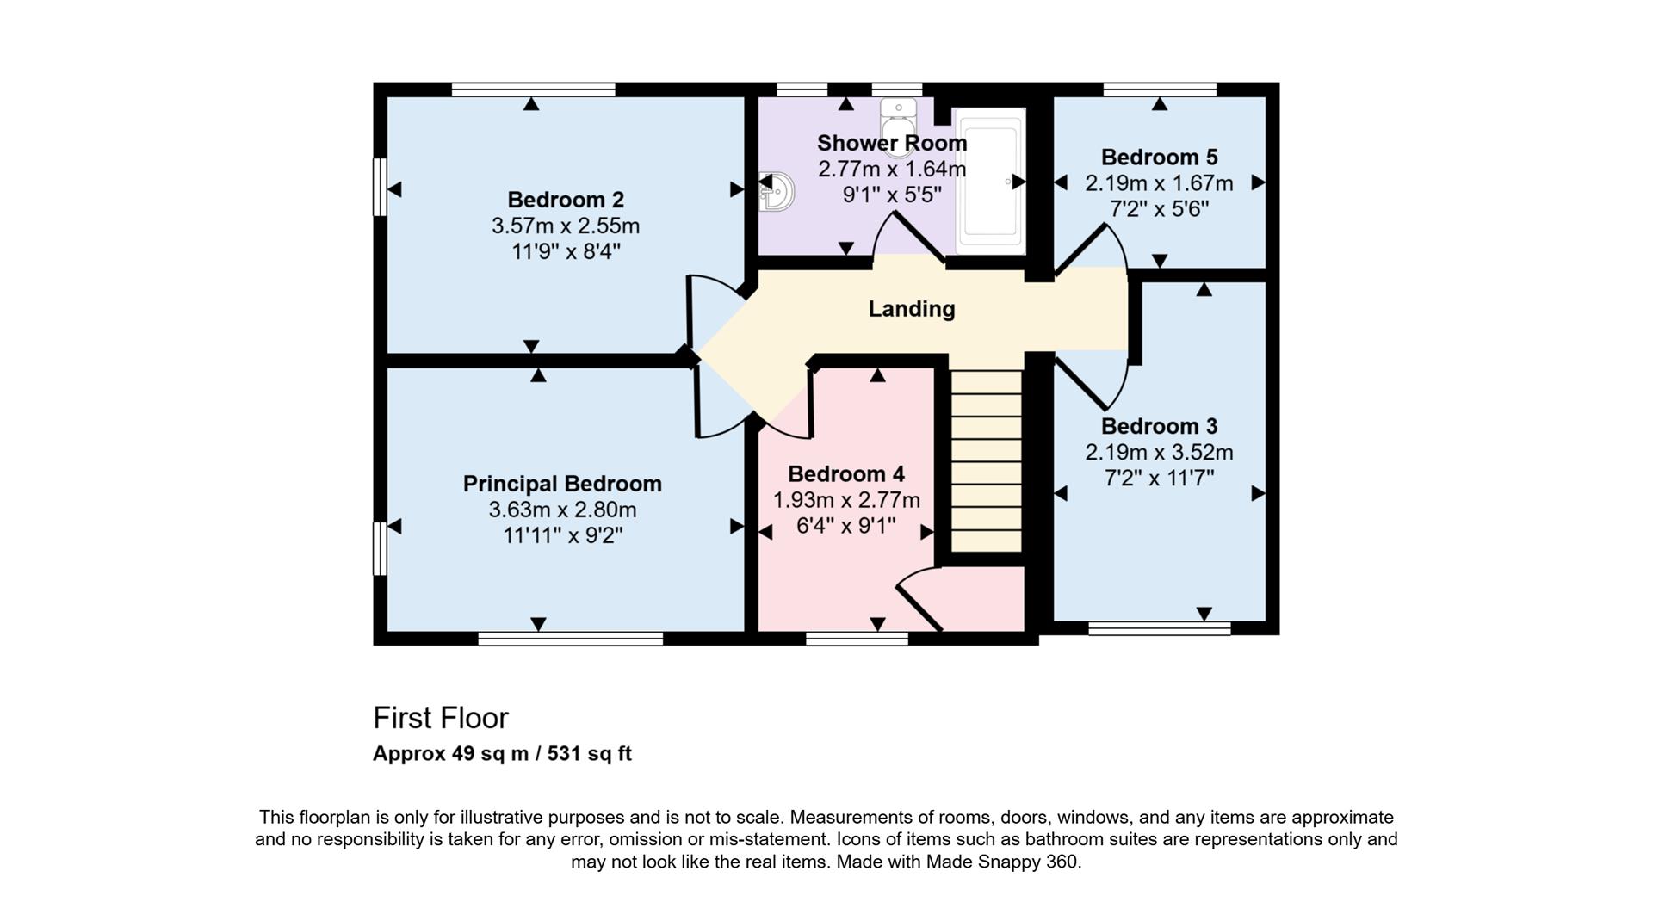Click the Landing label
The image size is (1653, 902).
[x=911, y=308]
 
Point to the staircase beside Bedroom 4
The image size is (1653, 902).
[x=986, y=460]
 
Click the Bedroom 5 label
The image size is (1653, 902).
[x=1159, y=158]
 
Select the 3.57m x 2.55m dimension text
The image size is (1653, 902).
[x=566, y=226]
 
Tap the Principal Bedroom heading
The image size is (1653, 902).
[x=562, y=484]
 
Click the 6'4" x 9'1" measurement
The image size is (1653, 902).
[x=845, y=525]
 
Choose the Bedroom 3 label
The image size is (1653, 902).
[x=1159, y=426]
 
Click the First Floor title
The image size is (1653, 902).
[x=440, y=718]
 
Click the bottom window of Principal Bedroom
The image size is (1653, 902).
[x=571, y=639]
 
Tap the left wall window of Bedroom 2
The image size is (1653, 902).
[x=378, y=186]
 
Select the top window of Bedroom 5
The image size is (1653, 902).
[x=1160, y=90]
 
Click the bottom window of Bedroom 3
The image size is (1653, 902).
[x=1159, y=629]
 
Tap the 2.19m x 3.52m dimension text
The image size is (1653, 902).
[x=1159, y=452]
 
